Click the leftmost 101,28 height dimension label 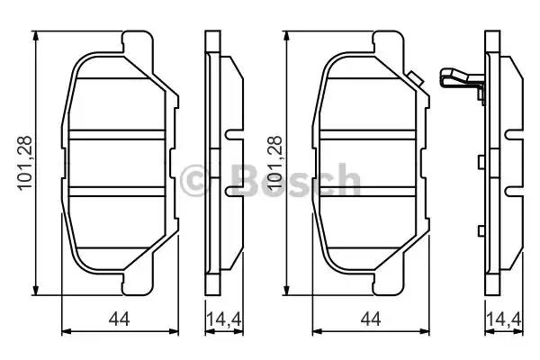26,163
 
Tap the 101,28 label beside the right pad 275,163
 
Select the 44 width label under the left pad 119,319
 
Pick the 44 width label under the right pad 371,319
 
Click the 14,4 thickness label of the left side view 224,319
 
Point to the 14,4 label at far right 504,319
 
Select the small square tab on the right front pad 415,79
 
